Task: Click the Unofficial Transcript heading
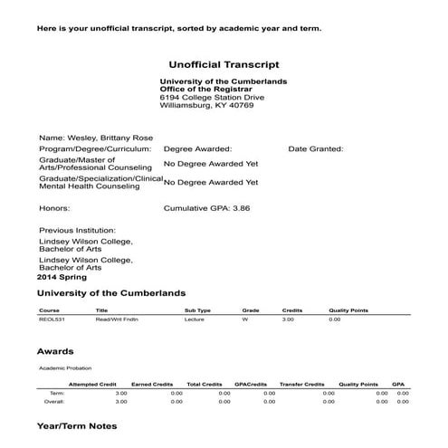click(224, 65)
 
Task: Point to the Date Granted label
click(316, 148)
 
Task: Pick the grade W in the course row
click(244, 319)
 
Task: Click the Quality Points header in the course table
click(346, 310)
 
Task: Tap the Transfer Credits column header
click(301, 385)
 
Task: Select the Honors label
click(54, 207)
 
